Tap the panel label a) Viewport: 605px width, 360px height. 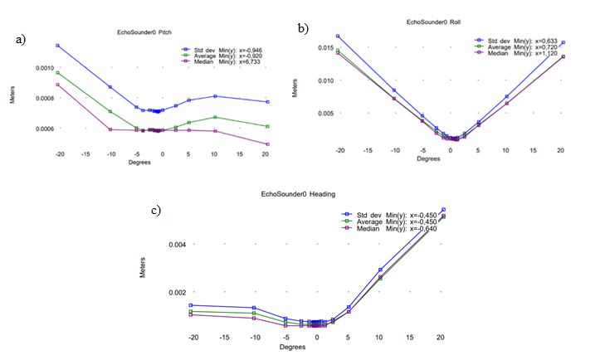tap(20, 38)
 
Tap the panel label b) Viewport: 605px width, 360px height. tap(304, 27)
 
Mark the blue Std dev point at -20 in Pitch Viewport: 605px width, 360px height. tap(58, 46)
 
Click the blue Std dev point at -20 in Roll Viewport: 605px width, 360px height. tap(339, 36)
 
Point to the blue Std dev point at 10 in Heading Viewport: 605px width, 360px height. tap(380, 270)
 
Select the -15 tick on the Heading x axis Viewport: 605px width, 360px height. tap(224, 338)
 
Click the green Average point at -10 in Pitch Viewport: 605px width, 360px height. tap(110, 111)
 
